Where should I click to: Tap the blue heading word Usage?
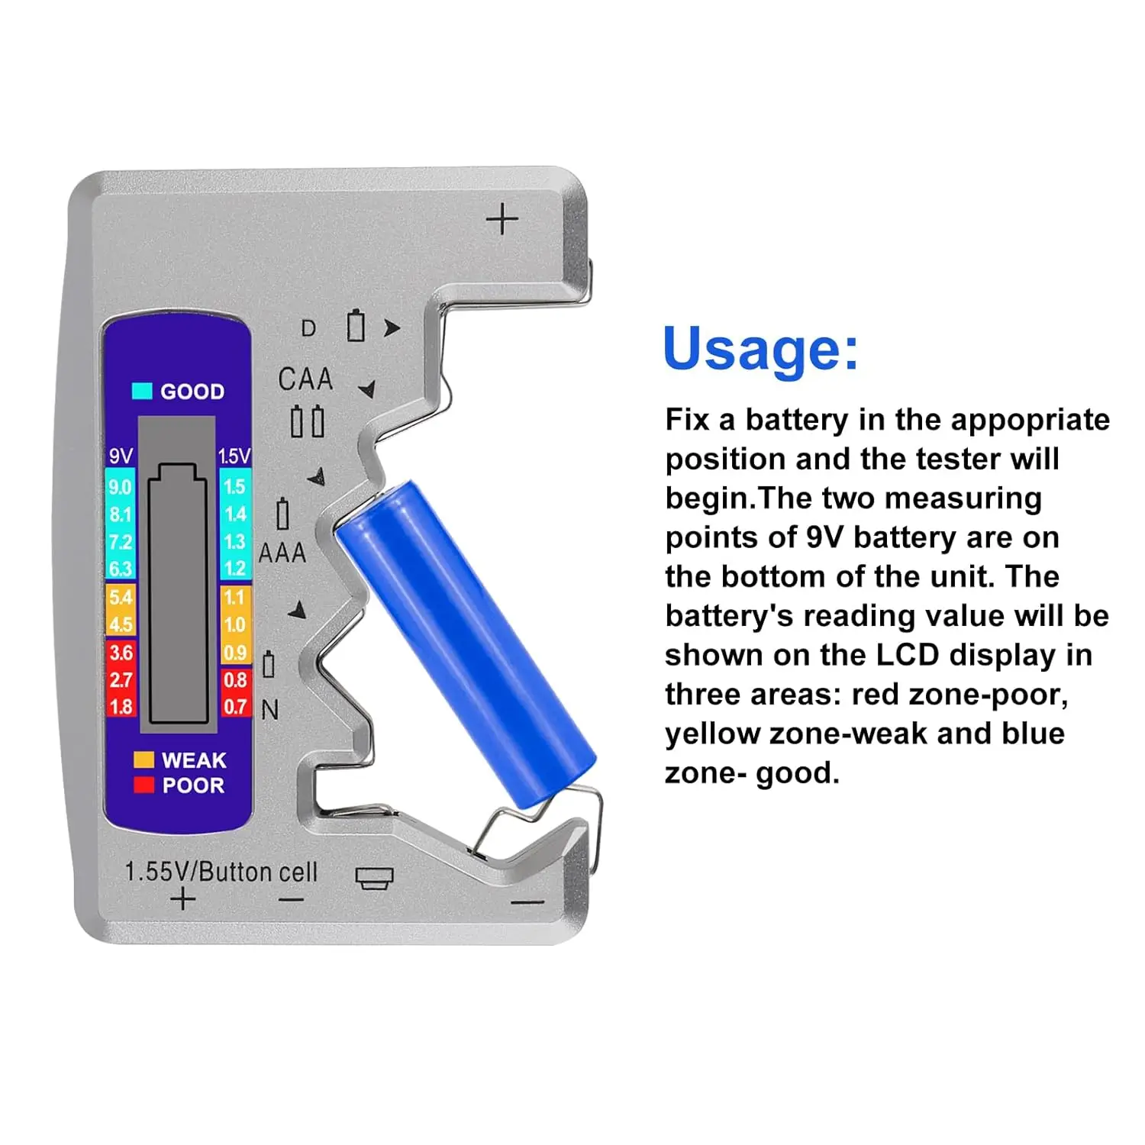point(760,349)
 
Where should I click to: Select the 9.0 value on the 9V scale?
point(120,487)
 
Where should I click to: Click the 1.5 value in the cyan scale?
point(234,487)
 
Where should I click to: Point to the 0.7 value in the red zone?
point(234,706)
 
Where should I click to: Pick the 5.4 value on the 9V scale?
point(120,597)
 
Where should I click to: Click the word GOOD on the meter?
point(192,392)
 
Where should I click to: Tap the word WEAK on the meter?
point(194,760)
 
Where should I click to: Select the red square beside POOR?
point(144,785)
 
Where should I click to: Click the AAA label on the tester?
point(282,553)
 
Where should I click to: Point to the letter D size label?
point(308,328)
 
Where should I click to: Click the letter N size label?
point(270,710)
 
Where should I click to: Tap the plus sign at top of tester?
point(502,220)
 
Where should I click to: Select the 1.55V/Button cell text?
point(221,872)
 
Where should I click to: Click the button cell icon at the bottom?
point(375,878)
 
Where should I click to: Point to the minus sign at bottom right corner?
point(527,903)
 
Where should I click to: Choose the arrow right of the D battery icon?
point(392,328)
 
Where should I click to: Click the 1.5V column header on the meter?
point(234,456)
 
